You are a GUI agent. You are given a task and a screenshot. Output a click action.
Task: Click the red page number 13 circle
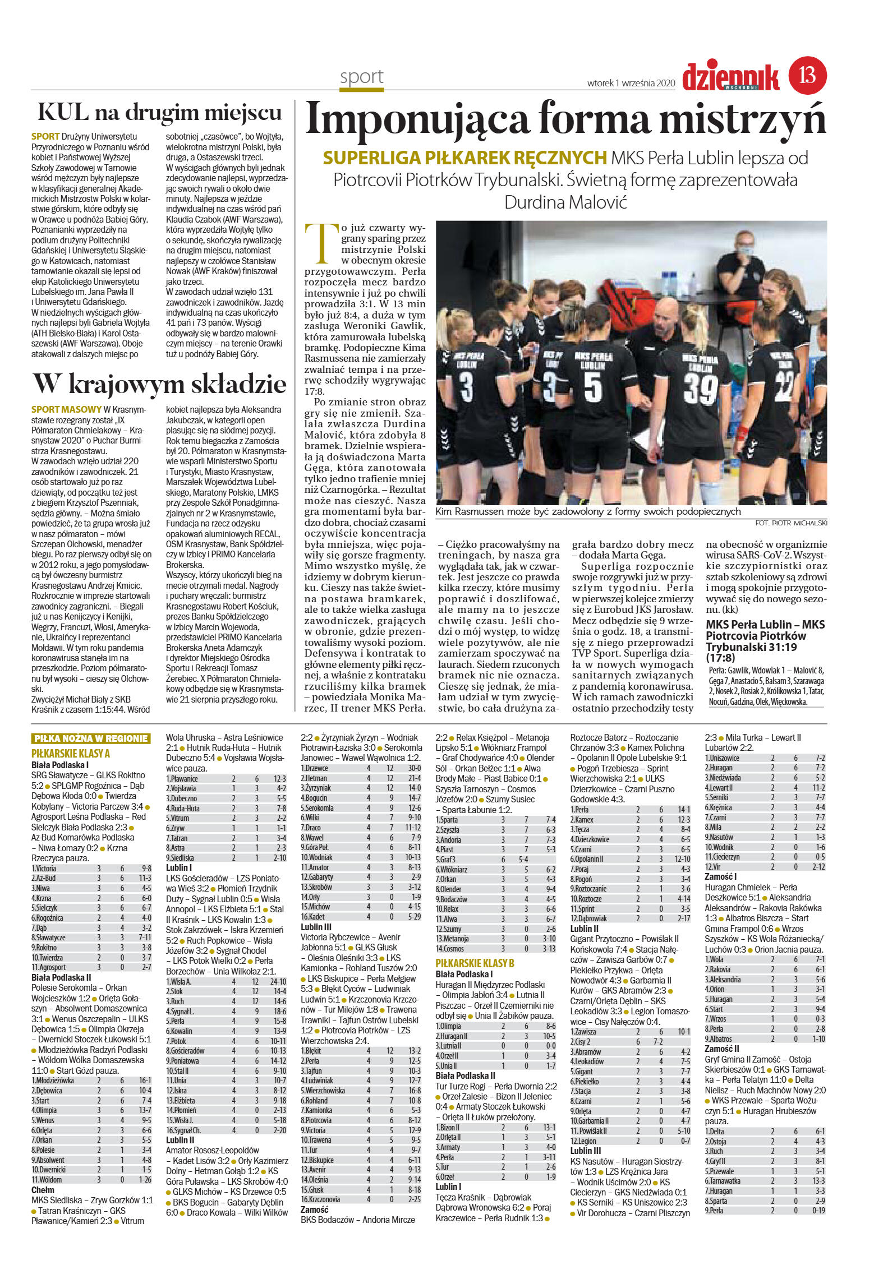pos(808,76)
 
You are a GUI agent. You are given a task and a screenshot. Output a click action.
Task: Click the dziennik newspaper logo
pos(730,77)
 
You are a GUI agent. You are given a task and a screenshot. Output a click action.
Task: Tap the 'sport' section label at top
pos(361,77)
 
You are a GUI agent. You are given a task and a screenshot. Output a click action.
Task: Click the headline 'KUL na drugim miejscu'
pos(160,113)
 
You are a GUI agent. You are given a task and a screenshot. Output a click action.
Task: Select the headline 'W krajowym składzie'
pos(160,385)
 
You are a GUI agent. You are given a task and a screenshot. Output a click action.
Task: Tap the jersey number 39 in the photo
pos(700,388)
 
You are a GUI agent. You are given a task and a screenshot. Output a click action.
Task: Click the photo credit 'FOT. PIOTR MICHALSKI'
pos(791,523)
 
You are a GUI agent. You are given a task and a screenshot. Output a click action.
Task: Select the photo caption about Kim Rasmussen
pos(588,511)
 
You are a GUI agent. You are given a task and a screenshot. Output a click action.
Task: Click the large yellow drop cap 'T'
pos(321,243)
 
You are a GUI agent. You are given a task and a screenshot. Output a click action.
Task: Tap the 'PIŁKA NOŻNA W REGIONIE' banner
pos(91,738)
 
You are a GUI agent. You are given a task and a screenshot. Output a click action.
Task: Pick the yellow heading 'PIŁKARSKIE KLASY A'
pos(71,753)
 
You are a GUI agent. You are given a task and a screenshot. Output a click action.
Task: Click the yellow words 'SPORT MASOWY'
pos(66,409)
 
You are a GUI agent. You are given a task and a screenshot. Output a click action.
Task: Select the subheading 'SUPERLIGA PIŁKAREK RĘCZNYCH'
pos(464,158)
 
